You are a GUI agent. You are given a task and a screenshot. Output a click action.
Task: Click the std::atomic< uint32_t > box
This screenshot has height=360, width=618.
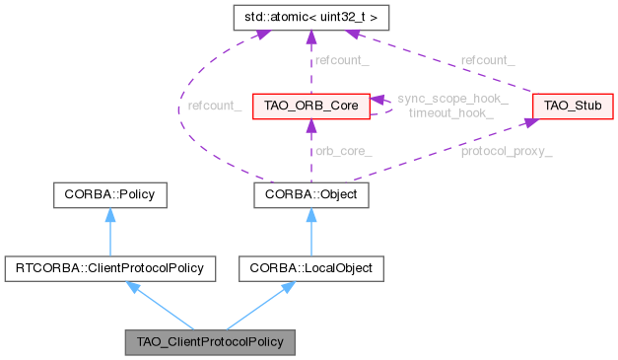[311, 19]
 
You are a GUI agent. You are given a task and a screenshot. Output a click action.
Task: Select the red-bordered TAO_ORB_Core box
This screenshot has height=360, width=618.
[311, 106]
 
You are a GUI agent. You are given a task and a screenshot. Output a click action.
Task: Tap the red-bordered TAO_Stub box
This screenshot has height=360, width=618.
[559, 106]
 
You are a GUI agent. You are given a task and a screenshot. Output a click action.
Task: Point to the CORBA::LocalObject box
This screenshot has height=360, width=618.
[311, 266]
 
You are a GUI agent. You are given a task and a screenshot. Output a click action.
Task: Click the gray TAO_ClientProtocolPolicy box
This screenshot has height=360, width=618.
[210, 342]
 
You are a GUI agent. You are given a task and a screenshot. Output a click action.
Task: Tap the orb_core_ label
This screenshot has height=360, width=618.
[342, 151]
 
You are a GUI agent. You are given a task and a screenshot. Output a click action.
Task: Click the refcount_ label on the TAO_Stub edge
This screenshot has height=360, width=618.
[487, 60]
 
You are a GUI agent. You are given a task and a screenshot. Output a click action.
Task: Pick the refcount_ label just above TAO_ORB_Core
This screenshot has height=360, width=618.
[341, 60]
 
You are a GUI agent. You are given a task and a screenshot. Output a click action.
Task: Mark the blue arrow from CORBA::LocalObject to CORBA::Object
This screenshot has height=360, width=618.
[311, 231]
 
